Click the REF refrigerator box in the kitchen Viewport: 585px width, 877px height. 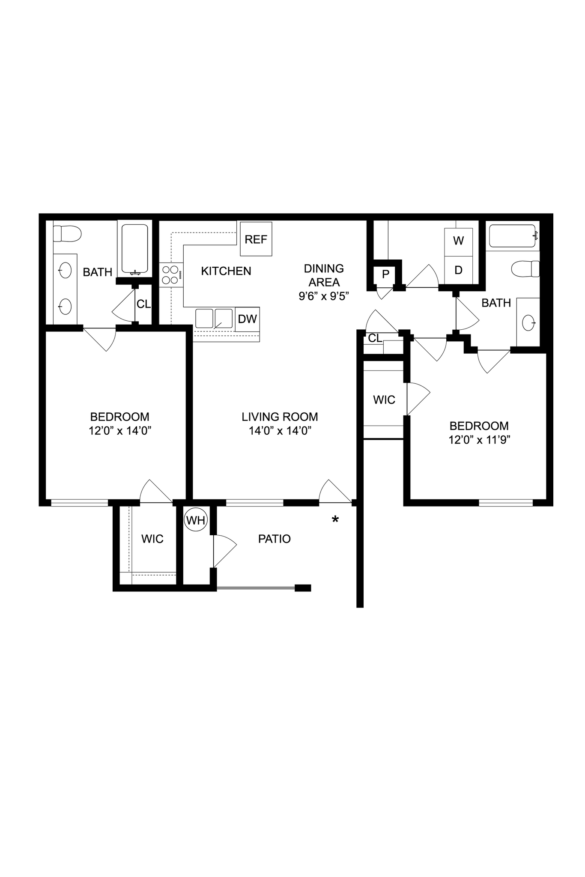tap(256, 239)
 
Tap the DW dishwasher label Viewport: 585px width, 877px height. tap(247, 319)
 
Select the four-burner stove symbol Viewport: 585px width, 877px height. tap(170, 274)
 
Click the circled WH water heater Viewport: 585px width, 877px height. tap(196, 520)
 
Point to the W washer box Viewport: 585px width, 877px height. tap(458, 241)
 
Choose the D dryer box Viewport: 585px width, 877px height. tap(458, 270)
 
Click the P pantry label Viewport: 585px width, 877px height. tap(385, 274)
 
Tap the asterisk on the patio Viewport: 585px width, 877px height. tap(335, 520)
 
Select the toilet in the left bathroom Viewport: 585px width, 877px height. tap(67, 234)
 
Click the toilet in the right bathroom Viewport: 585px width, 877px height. tap(526, 268)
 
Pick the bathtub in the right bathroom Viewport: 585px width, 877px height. tap(513, 236)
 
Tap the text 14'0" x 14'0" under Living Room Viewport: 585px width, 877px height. tap(280, 430)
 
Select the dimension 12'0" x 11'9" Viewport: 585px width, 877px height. tap(479, 440)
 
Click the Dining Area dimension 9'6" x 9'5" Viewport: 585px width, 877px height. tap(324, 296)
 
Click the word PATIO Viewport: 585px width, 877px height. tap(274, 539)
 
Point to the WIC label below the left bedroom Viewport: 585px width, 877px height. tap(152, 539)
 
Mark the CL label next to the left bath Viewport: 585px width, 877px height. tap(143, 304)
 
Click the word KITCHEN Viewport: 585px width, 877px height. tap(226, 271)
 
